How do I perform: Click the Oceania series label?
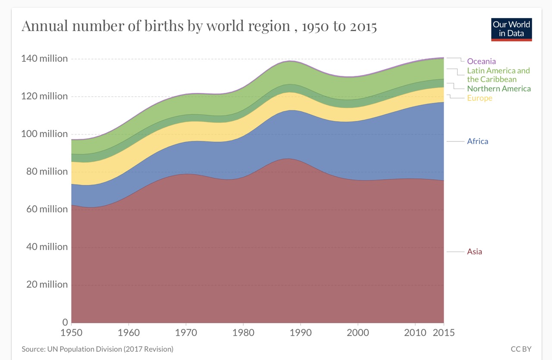point(481,61)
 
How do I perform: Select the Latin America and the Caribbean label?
point(498,75)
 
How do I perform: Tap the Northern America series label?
point(499,88)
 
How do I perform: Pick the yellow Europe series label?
point(479,98)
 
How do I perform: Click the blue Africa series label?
point(477,141)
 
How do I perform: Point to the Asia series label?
point(474,251)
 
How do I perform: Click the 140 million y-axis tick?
point(44,58)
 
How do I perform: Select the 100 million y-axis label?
point(44,134)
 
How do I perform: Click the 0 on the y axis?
point(65,322)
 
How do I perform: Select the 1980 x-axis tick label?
point(243,333)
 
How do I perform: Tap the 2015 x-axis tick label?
point(444,333)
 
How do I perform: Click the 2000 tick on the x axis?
point(358,333)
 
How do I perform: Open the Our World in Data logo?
point(511,29)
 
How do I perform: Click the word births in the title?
point(166,26)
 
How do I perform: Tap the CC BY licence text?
point(521,349)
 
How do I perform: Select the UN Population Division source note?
point(97,349)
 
